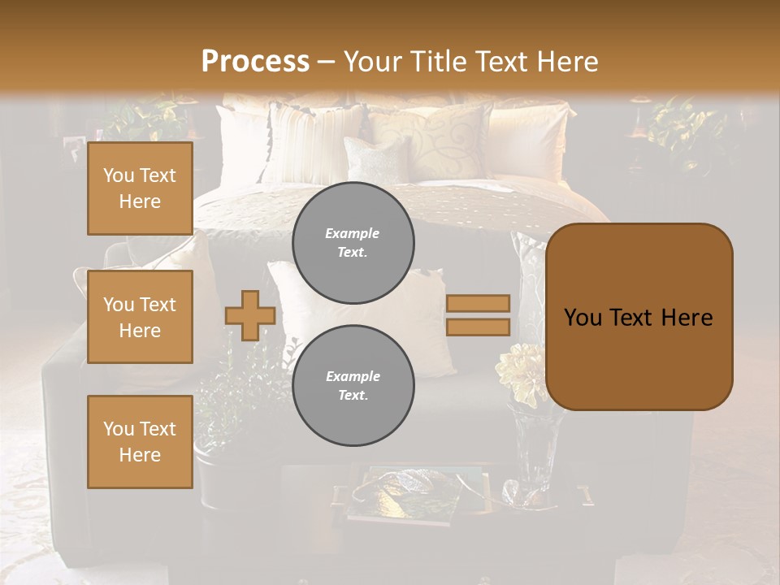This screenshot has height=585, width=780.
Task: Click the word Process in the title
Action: (255, 62)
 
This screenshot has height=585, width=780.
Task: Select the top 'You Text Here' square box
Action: (140, 188)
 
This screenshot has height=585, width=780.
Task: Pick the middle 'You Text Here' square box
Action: (140, 317)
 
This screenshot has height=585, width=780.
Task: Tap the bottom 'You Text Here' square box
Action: (140, 441)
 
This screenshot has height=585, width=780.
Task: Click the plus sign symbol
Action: (249, 315)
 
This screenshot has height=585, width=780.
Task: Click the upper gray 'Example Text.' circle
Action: (353, 243)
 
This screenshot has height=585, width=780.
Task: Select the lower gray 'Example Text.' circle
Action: (353, 386)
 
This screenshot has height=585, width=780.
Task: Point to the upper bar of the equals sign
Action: (478, 303)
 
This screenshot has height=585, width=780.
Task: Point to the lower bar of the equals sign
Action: (478, 327)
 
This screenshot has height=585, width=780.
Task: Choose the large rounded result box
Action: (639, 317)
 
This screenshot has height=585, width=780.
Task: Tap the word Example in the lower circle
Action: (353, 376)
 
